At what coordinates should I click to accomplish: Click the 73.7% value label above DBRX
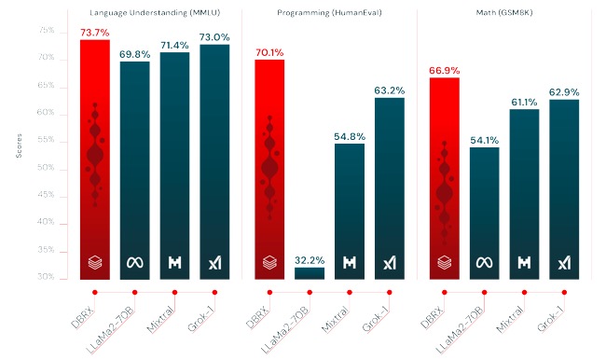(x=94, y=33)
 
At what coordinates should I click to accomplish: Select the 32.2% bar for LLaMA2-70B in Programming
(x=310, y=273)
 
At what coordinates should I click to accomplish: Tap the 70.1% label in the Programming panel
(x=269, y=52)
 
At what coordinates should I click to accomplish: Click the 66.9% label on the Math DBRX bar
(x=444, y=70)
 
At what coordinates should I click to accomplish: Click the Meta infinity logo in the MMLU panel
(x=134, y=262)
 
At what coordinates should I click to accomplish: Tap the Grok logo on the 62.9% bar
(x=564, y=263)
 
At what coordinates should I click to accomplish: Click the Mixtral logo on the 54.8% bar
(x=350, y=263)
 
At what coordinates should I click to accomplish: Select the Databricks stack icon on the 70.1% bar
(x=269, y=263)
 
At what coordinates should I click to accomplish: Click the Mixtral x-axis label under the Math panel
(x=510, y=316)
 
